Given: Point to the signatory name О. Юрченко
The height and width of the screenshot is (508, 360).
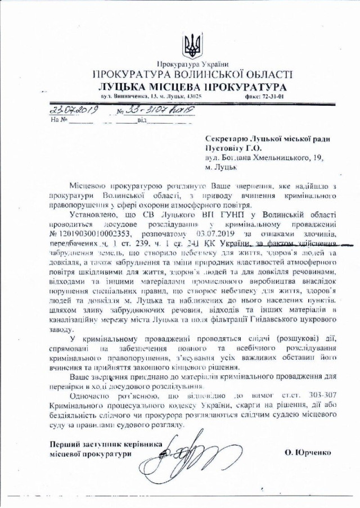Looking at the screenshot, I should [x=308, y=451].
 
